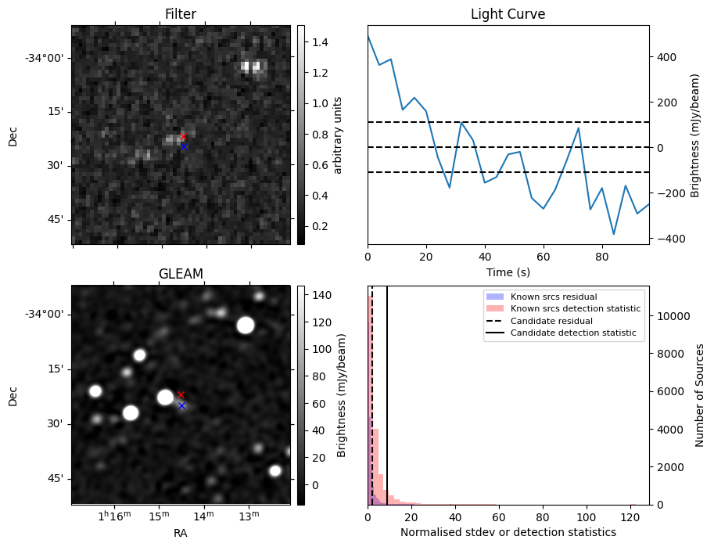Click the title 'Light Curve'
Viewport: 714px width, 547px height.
508,15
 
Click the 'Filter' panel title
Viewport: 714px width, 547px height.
181,15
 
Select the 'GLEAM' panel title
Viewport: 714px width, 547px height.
181,273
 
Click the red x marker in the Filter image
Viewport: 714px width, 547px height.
183,137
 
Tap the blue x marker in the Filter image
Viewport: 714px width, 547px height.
184,146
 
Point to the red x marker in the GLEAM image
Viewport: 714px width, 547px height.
181,394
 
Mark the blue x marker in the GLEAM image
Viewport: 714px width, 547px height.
181,405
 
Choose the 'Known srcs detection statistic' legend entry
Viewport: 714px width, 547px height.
575,308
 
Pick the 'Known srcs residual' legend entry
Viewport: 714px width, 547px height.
553,297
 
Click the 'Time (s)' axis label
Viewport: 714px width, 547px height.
508,271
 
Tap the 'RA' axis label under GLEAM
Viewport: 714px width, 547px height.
181,533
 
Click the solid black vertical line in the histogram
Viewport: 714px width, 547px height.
387,391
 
